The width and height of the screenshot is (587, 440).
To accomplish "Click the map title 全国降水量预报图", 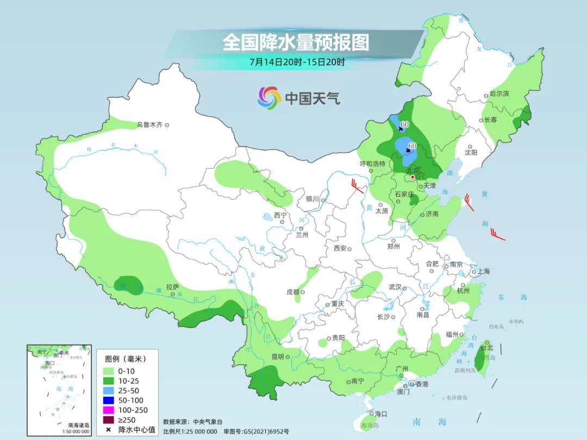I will pos(296,42).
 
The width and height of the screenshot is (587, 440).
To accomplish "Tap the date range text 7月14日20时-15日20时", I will pos(297,62).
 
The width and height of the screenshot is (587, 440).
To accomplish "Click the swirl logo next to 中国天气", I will pos(268,98).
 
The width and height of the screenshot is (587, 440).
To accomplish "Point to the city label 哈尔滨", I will pos(499,93).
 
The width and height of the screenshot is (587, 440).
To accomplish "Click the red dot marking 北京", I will pos(413,177).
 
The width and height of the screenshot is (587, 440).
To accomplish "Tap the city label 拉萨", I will pos(172,286).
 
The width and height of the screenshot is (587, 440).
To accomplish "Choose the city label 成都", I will pos(293,292).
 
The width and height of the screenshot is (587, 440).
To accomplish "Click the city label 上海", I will pos(483,271).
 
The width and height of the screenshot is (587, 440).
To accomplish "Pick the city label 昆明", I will pos(277,357).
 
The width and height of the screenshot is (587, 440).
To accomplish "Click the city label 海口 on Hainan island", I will pos(380,414).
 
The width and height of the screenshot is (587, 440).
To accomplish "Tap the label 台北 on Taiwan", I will pos(487,348).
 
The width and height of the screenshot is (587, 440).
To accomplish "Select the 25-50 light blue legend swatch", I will pos(113,391).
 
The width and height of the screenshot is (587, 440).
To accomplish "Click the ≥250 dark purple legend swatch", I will pos(113,420).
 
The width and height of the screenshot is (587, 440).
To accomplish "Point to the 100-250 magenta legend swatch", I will pos(113,410).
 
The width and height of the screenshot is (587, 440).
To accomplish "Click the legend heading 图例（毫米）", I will pos(126,359).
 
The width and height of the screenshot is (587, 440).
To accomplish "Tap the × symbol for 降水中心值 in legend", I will pos(109,430).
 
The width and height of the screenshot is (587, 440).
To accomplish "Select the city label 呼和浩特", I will pos(372,164).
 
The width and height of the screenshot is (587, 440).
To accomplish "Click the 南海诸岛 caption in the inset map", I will pos(79,425).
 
